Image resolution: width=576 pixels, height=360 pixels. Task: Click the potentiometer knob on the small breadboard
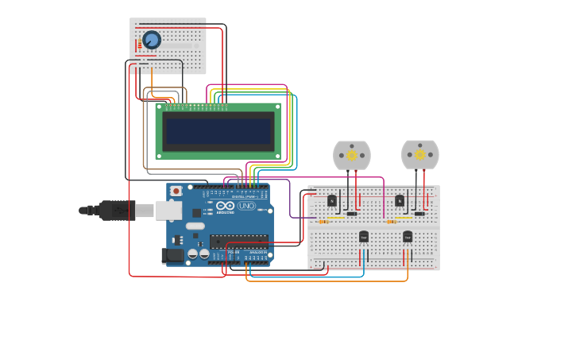click(152, 40)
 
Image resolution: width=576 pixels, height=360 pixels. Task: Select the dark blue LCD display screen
click(218, 130)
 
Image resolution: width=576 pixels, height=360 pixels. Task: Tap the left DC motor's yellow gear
click(352, 156)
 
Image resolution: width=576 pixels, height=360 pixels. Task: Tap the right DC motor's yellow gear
click(419, 155)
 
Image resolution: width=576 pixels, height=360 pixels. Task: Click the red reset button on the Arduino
click(176, 192)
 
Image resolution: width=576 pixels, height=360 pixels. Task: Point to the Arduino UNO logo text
click(236, 207)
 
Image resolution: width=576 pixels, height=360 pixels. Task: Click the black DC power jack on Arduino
click(172, 255)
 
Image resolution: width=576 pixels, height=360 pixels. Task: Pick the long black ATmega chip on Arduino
click(238, 241)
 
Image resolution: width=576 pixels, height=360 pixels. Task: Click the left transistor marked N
click(332, 201)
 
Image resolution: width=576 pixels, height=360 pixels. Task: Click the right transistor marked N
click(400, 201)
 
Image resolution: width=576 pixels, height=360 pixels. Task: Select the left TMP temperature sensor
click(363, 237)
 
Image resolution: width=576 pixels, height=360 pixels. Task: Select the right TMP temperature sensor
click(408, 237)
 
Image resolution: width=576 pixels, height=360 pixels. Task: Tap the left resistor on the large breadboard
click(323, 222)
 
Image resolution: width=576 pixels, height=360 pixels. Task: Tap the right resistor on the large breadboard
click(391, 222)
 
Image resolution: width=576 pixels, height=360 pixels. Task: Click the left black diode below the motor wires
click(351, 214)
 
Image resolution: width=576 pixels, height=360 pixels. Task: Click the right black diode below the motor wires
click(419, 214)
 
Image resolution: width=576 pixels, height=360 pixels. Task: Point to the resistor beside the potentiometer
click(140, 45)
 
